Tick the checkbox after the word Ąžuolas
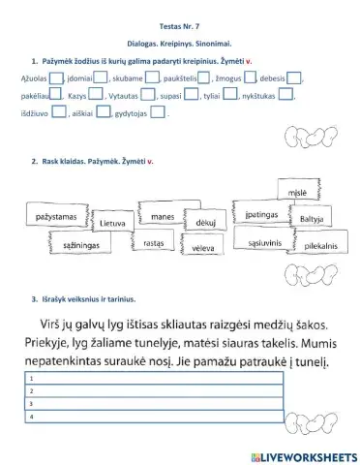[55, 78]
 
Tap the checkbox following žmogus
[251, 78]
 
